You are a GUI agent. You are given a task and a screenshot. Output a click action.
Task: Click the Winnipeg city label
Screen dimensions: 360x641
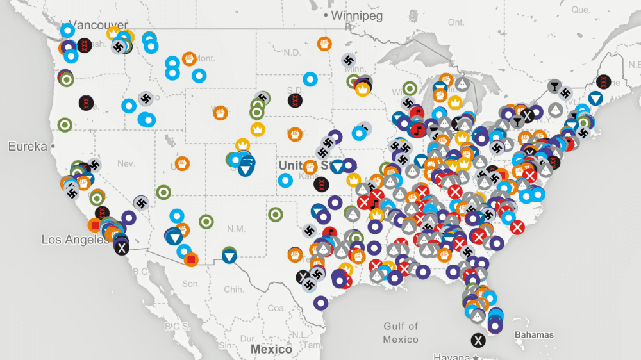[x=358, y=15]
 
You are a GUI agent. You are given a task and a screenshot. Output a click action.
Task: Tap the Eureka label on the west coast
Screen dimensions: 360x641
[x=28, y=147]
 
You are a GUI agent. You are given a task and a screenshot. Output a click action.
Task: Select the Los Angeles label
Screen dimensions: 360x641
[x=74, y=240]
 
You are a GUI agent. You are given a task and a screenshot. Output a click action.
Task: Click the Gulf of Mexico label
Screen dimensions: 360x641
[x=401, y=332]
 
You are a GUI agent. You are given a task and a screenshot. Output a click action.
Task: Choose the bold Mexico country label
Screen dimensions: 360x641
[x=271, y=349]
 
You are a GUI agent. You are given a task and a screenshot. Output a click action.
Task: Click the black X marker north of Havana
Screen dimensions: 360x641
[x=478, y=340]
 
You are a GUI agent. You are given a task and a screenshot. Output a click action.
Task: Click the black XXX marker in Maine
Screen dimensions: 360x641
[x=603, y=82]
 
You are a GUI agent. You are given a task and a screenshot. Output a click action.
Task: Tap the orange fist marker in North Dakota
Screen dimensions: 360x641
[x=324, y=44]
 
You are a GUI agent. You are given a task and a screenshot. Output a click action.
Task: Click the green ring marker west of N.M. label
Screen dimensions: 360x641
[x=206, y=222]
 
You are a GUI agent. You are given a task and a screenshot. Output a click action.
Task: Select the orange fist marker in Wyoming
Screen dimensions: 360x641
[x=221, y=113]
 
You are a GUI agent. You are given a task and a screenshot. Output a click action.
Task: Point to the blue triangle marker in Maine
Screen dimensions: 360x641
[x=595, y=98]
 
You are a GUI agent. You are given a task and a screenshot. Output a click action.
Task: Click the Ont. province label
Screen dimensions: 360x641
[x=456, y=22]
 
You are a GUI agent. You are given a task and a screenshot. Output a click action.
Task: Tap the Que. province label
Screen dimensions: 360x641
[x=581, y=10]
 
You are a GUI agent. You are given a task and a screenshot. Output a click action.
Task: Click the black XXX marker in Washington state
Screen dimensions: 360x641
[x=84, y=45]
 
